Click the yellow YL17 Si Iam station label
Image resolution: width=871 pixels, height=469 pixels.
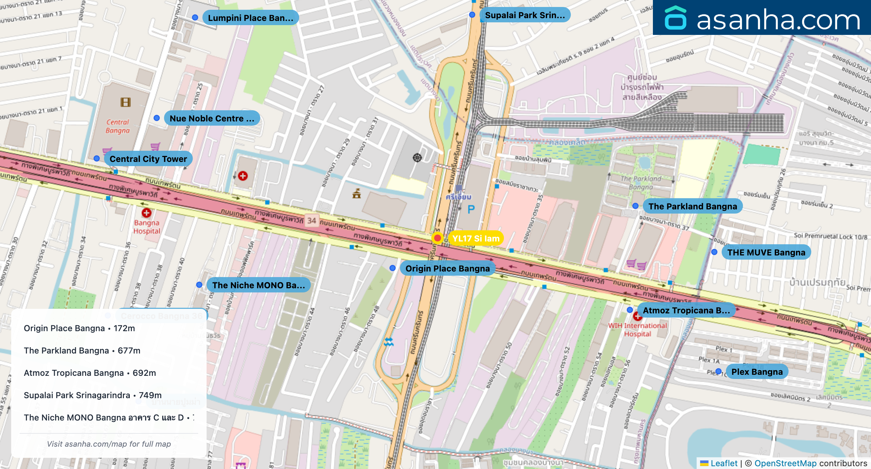pyautogui.click(x=476, y=238)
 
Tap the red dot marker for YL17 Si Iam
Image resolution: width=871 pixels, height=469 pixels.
pyautogui.click(x=437, y=238)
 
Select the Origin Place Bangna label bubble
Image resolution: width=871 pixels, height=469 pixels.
pyautogui.click(x=447, y=268)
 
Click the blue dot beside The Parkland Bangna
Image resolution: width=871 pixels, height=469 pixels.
pyautogui.click(x=635, y=206)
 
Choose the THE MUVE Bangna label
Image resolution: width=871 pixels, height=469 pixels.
pyautogui.click(x=766, y=252)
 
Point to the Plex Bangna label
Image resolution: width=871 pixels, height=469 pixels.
pyautogui.click(x=757, y=372)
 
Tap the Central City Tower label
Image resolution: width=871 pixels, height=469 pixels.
pyautogui.click(x=148, y=159)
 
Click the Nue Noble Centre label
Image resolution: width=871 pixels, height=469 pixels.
pyautogui.click(x=212, y=118)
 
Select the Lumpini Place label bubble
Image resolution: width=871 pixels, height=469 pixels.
pyautogui.click(x=250, y=18)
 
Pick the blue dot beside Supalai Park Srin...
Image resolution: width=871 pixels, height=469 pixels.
pyautogui.click(x=472, y=15)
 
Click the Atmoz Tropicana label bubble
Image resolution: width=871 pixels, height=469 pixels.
pyautogui.click(x=686, y=310)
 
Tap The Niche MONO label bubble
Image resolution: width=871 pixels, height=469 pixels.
pyautogui.click(x=258, y=285)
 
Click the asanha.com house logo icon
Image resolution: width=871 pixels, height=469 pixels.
pyautogui.click(x=675, y=18)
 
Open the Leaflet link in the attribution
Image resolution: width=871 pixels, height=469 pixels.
pyautogui.click(x=724, y=463)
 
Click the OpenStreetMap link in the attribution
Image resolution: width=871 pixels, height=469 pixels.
pyautogui.click(x=785, y=463)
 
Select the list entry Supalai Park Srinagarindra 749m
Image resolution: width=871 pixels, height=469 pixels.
pyautogui.click(x=92, y=395)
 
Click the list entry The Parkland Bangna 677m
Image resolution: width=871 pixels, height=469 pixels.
pyautogui.click(x=82, y=350)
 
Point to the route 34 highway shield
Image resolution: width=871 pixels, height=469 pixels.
pyautogui.click(x=312, y=221)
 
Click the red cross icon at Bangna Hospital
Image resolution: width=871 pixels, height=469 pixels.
pyautogui.click(x=147, y=213)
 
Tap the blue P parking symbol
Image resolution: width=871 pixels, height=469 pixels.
pyautogui.click(x=471, y=209)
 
